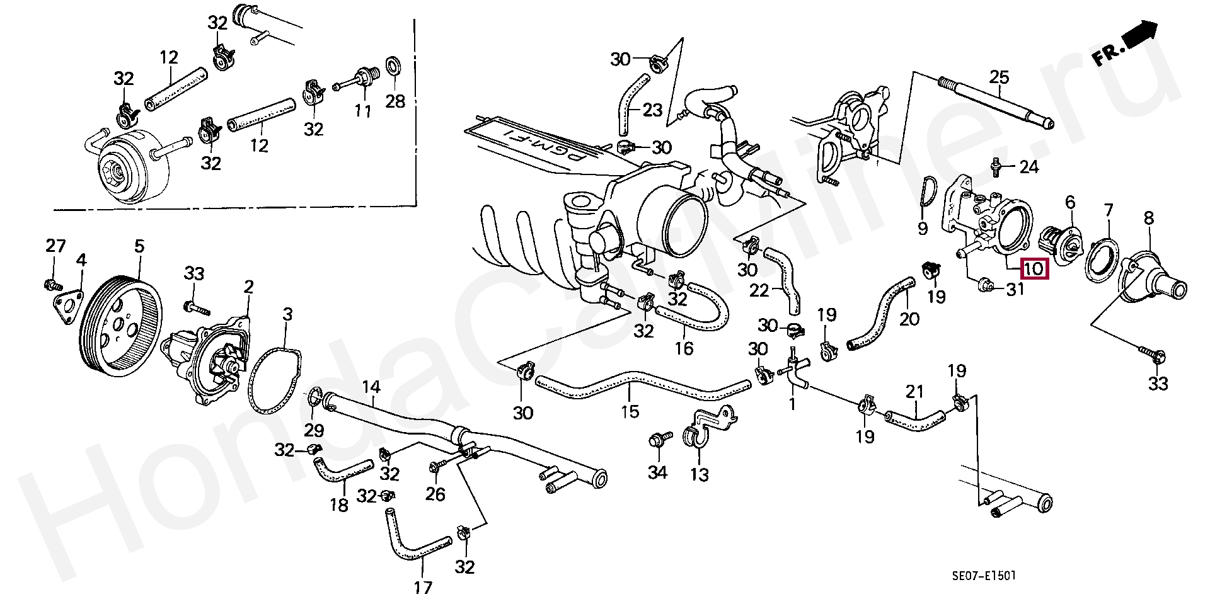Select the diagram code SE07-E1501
click(984, 575)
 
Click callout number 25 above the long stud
click(1000, 77)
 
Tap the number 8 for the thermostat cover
click(1149, 219)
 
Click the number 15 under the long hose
click(630, 411)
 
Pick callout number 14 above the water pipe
click(371, 387)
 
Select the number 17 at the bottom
click(423, 588)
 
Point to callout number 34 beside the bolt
click(657, 472)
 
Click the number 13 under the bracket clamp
click(700, 474)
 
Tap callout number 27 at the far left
click(55, 246)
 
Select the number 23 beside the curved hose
click(652, 110)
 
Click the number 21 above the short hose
click(914, 392)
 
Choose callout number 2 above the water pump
click(249, 288)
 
